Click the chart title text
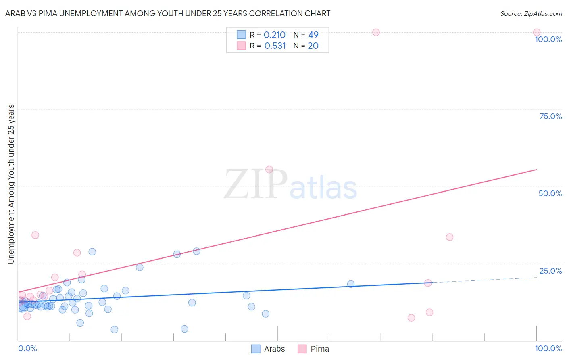coord(168,13)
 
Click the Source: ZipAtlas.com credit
coord(531,13)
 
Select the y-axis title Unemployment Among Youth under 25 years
coord(11,184)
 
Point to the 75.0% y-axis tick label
coord(550,116)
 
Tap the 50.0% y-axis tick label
coord(550,193)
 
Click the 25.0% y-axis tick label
coord(550,270)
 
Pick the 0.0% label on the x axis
coord(27,348)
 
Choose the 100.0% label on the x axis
coord(548,348)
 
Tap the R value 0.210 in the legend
coord(275,35)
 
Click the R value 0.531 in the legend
coord(275,46)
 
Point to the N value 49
coord(313,35)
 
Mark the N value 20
coord(313,46)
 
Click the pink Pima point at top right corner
coord(537,32)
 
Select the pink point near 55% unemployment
coord(269,170)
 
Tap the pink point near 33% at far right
coord(450,237)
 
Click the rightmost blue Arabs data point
coord(351,284)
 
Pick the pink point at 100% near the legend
coord(376,32)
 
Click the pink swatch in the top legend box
coord(241,46)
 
